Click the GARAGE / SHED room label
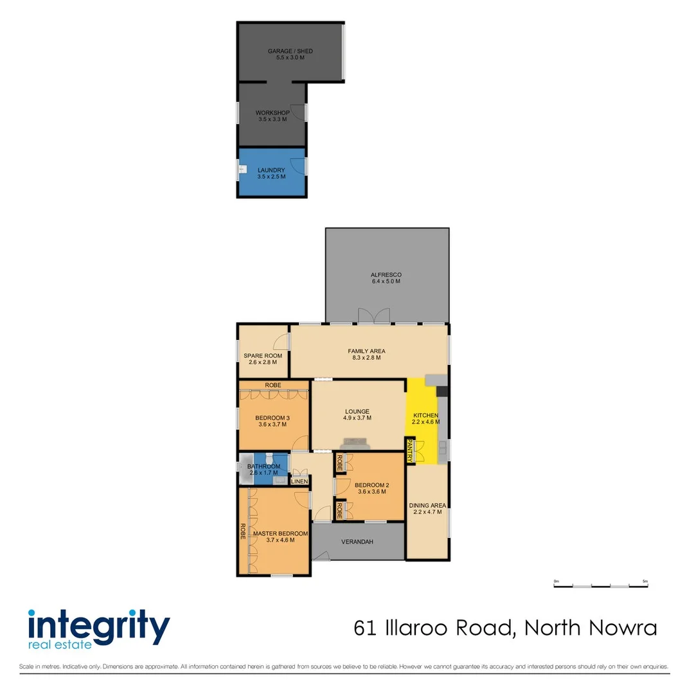pyautogui.click(x=290, y=51)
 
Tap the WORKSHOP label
pyautogui.click(x=272, y=113)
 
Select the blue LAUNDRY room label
pyautogui.click(x=271, y=170)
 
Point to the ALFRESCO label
pyautogui.click(x=386, y=274)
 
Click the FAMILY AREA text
pyautogui.click(x=366, y=351)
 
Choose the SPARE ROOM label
pyautogui.click(x=263, y=355)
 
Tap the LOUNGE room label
pyautogui.click(x=357, y=412)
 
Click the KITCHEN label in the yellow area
pyautogui.click(x=425, y=415)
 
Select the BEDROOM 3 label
pyautogui.click(x=272, y=418)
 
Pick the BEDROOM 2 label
pyautogui.click(x=371, y=485)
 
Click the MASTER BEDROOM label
pyautogui.click(x=280, y=533)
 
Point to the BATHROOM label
pyautogui.click(x=263, y=466)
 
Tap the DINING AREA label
pyautogui.click(x=427, y=506)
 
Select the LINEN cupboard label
pyautogui.click(x=300, y=481)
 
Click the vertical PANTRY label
pyautogui.click(x=409, y=450)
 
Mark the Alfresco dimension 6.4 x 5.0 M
pyautogui.click(x=386, y=281)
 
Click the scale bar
pyautogui.click(x=601, y=585)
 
